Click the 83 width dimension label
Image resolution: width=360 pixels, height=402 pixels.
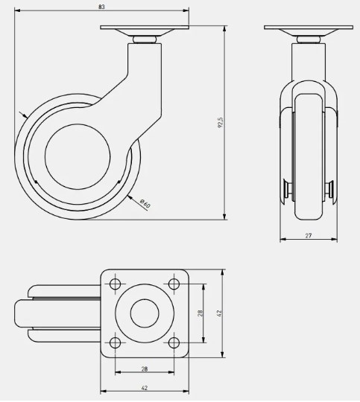(101, 7)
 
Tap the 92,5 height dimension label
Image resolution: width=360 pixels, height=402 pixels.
(221, 123)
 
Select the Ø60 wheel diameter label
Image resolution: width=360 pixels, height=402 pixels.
(145, 203)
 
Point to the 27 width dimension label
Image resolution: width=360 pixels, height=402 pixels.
(309, 235)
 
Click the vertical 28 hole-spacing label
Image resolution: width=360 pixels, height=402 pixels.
(200, 313)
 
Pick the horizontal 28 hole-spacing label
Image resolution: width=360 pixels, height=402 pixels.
(145, 369)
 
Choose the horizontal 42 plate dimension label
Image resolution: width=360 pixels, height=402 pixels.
(145, 388)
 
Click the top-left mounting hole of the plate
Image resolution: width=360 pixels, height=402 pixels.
(115, 284)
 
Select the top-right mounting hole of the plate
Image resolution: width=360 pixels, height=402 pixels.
(174, 284)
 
